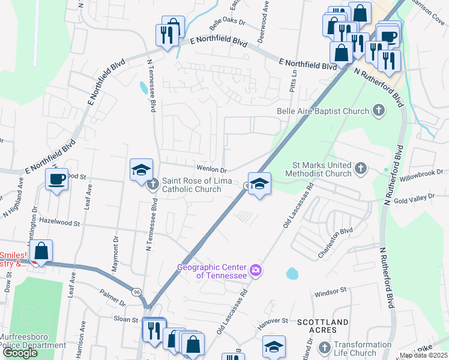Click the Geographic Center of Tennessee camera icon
point(255,270)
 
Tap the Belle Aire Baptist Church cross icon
point(378,110)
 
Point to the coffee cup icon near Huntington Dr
point(57,179)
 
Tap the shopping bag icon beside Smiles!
point(41,251)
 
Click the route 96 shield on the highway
point(137,292)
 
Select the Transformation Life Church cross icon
point(324,348)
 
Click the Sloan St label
point(126,319)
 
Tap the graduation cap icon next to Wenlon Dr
point(142,170)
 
